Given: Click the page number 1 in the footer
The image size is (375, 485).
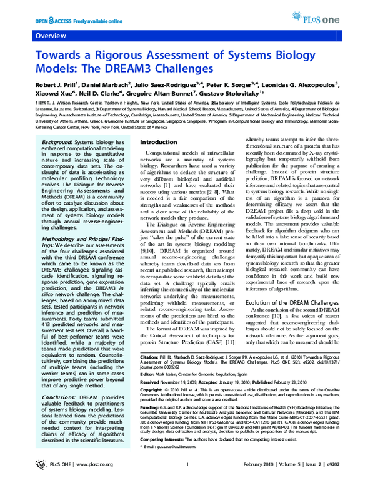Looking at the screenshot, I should click(187, 474).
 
